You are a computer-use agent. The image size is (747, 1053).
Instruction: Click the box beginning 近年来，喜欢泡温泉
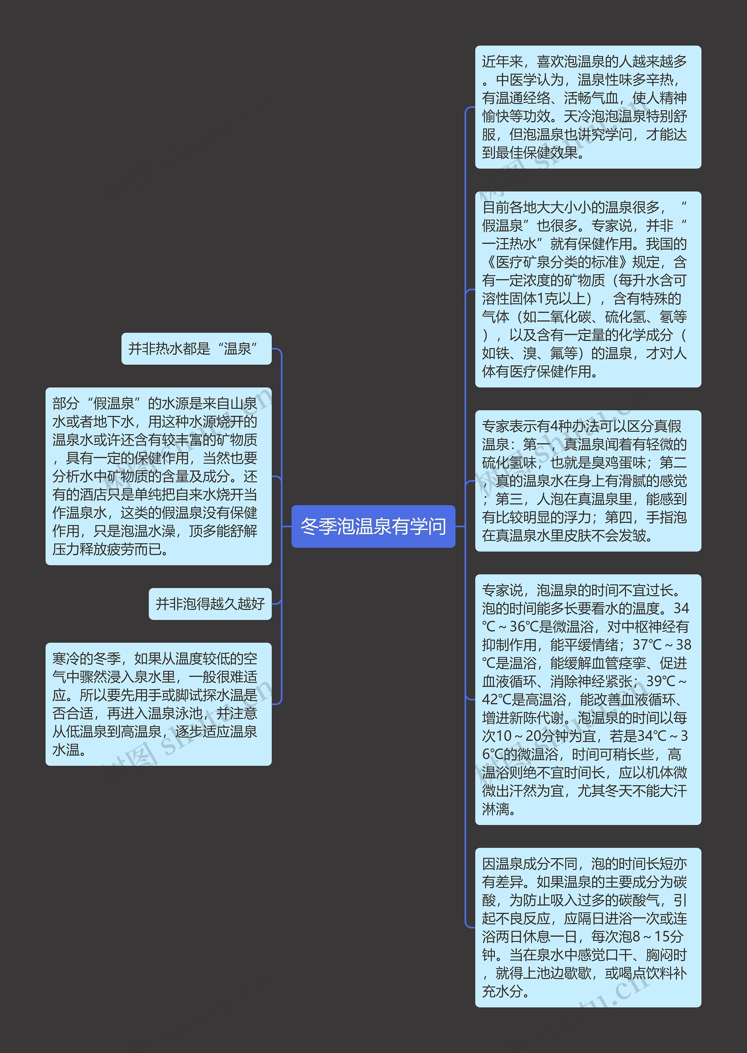click(x=588, y=107)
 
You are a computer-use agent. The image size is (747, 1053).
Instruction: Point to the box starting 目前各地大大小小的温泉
click(x=588, y=289)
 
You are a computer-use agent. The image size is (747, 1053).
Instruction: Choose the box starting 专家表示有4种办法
click(x=588, y=480)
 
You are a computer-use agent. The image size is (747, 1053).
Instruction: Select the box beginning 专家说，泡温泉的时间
click(x=588, y=700)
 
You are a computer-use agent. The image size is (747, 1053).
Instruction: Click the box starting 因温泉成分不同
click(x=588, y=927)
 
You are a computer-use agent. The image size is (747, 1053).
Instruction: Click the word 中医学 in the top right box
click(x=516, y=80)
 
